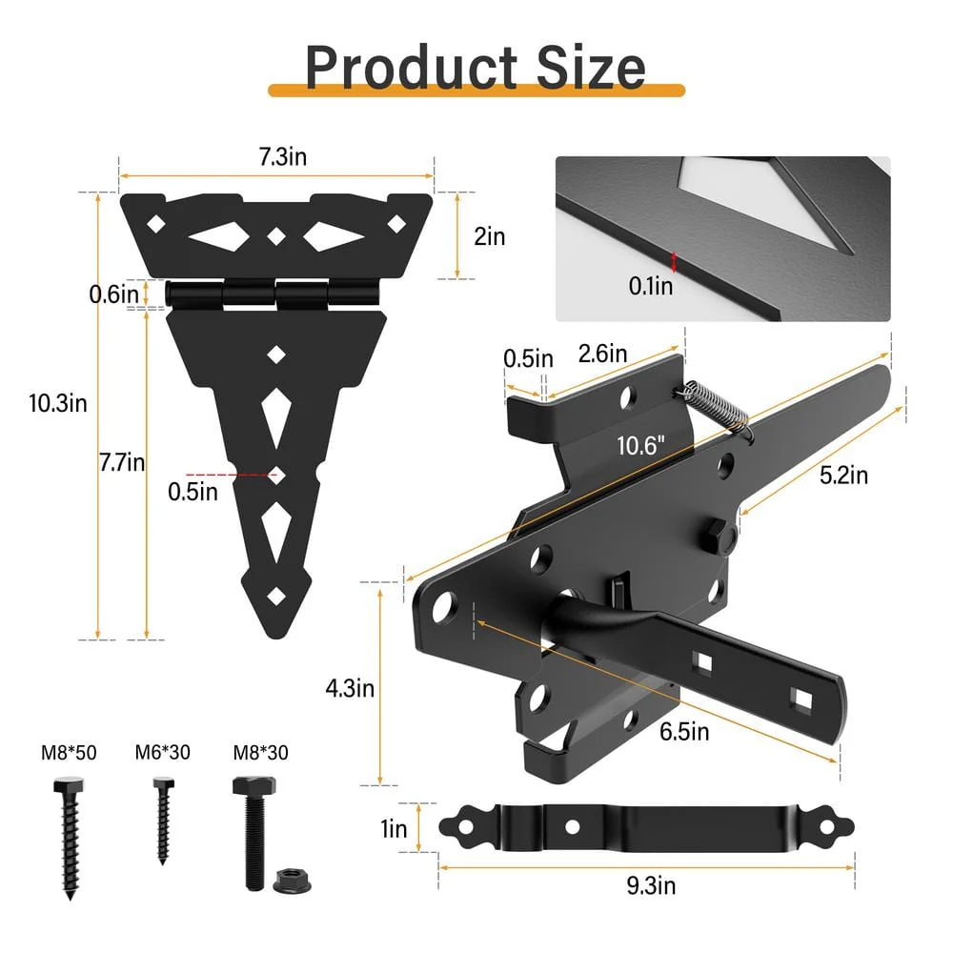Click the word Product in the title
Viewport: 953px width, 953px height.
(411, 68)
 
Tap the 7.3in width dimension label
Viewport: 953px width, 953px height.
(283, 157)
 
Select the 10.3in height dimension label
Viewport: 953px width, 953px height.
(58, 403)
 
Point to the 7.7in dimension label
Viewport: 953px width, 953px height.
(122, 462)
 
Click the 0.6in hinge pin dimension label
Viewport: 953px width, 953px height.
(113, 294)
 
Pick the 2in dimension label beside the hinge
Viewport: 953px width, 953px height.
(489, 236)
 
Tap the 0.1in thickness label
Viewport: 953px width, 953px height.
(651, 286)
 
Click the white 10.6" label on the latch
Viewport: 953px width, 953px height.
(640, 445)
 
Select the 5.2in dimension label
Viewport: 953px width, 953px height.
(843, 475)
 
